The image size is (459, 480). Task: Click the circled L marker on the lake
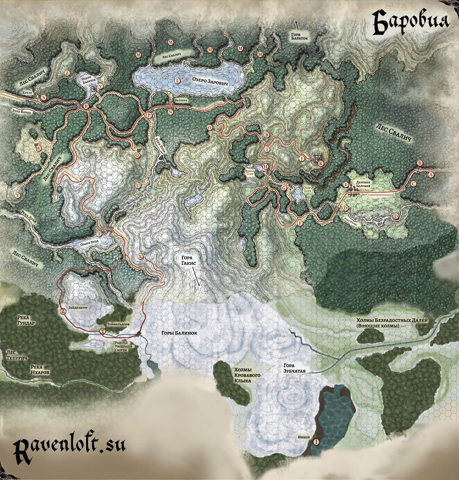tap(178, 81)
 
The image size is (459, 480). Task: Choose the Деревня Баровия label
tap(363, 184)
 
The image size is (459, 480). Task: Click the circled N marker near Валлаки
tap(170, 112)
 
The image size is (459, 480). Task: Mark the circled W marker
tap(39, 148)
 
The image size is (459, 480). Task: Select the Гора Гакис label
tap(187, 260)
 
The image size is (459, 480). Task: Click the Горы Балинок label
tap(179, 333)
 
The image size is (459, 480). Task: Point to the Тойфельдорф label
tap(118, 324)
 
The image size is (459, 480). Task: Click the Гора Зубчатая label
tap(294, 368)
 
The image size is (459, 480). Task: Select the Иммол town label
tap(304, 437)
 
